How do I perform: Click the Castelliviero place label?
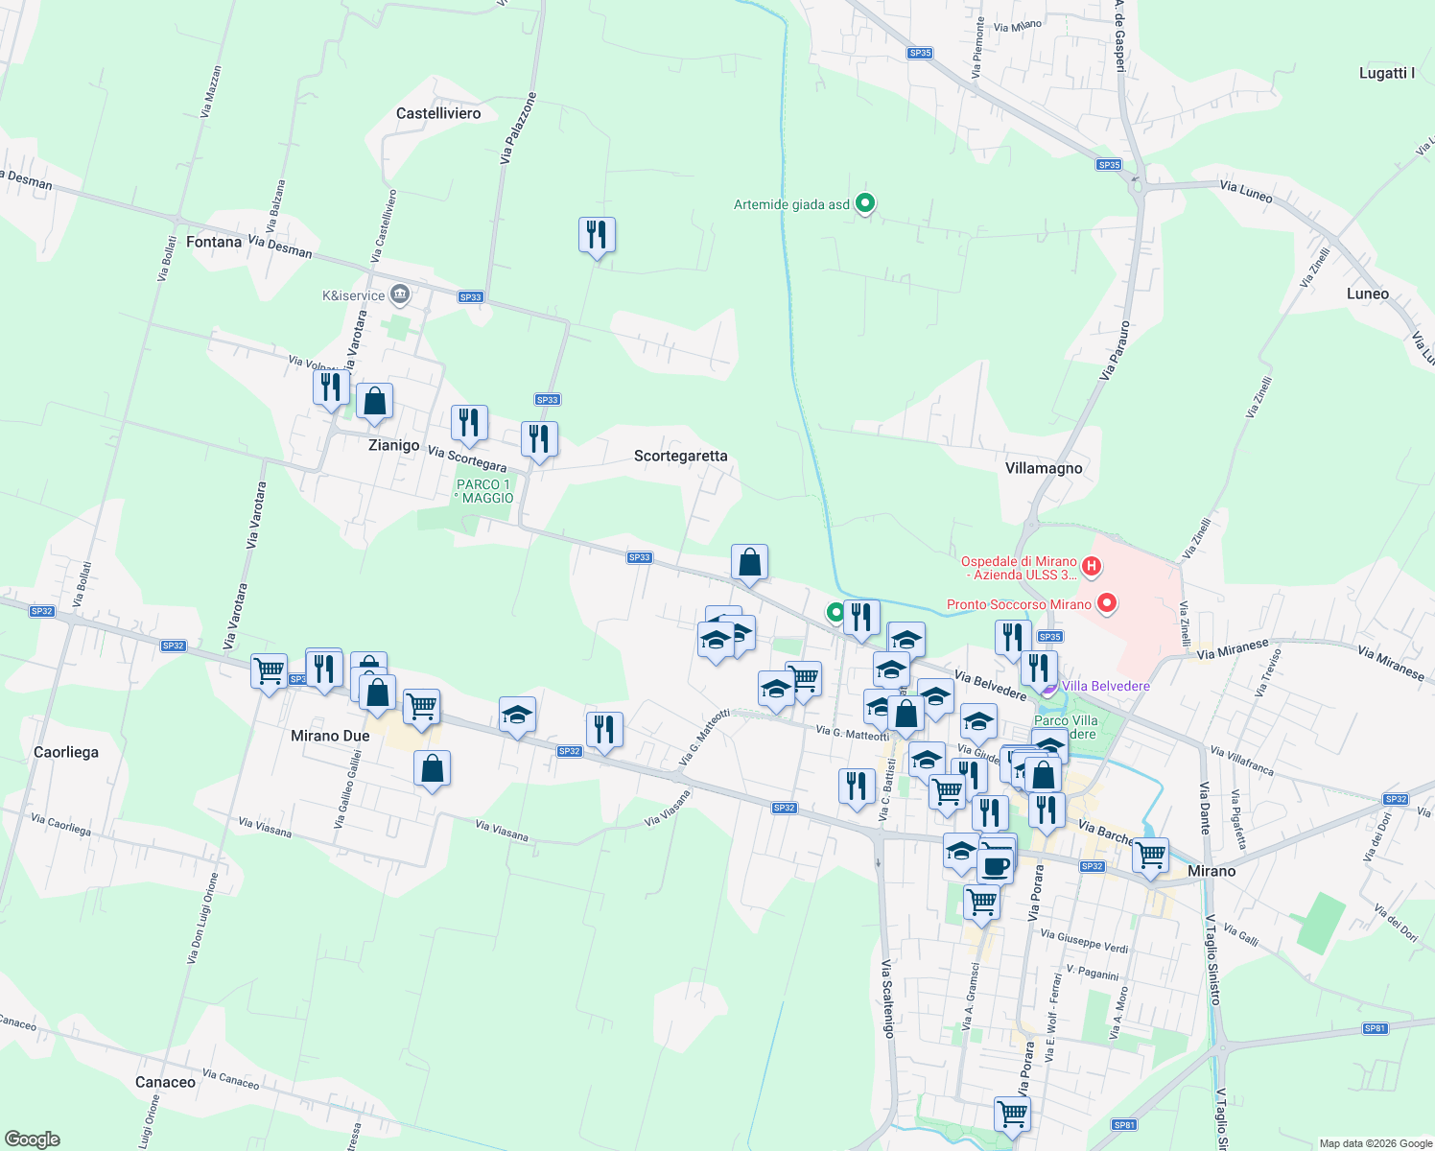pos(438,113)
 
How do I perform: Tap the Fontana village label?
pos(214,242)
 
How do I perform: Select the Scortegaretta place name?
pos(680,456)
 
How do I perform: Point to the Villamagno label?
pos(1044,468)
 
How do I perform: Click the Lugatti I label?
pos(1386,73)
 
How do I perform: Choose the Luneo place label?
pos(1367,294)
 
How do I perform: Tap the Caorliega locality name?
pos(66,752)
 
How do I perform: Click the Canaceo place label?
pos(165,1082)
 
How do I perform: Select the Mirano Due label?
pos(330,736)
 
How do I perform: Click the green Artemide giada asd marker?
pos(865,203)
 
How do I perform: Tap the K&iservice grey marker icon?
pos(401,294)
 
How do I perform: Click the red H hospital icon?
pos(1091,568)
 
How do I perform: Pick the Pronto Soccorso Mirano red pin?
pos(1107,604)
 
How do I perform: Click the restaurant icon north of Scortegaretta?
pos(597,234)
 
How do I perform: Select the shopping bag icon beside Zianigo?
pos(374,401)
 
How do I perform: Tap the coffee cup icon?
pos(995,865)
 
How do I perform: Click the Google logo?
pos(33,1139)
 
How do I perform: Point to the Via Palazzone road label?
pos(517,129)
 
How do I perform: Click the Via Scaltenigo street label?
pos(887,998)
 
